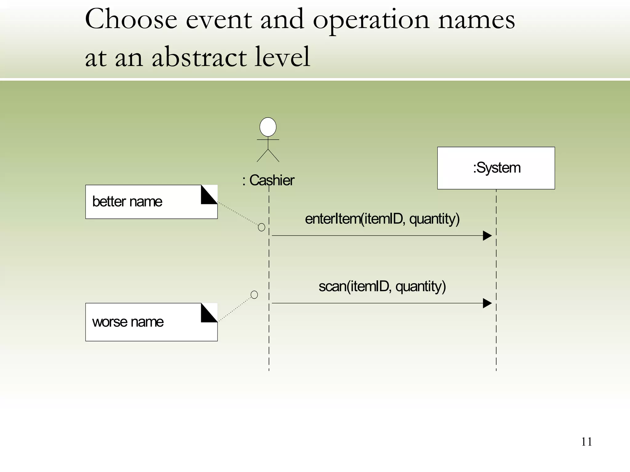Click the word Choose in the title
click(131, 19)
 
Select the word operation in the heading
click(370, 20)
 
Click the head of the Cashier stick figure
click(268, 127)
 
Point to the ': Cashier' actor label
click(268, 180)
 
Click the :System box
click(496, 168)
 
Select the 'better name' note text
click(127, 202)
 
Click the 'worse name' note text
click(128, 322)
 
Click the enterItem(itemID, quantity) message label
click(382, 219)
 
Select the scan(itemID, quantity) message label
click(382, 286)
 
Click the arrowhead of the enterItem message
click(487, 236)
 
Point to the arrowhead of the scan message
click(487, 303)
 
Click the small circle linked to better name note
click(261, 227)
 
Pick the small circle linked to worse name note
click(254, 295)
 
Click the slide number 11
click(586, 442)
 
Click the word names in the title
click(476, 20)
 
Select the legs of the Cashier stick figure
click(268, 156)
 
